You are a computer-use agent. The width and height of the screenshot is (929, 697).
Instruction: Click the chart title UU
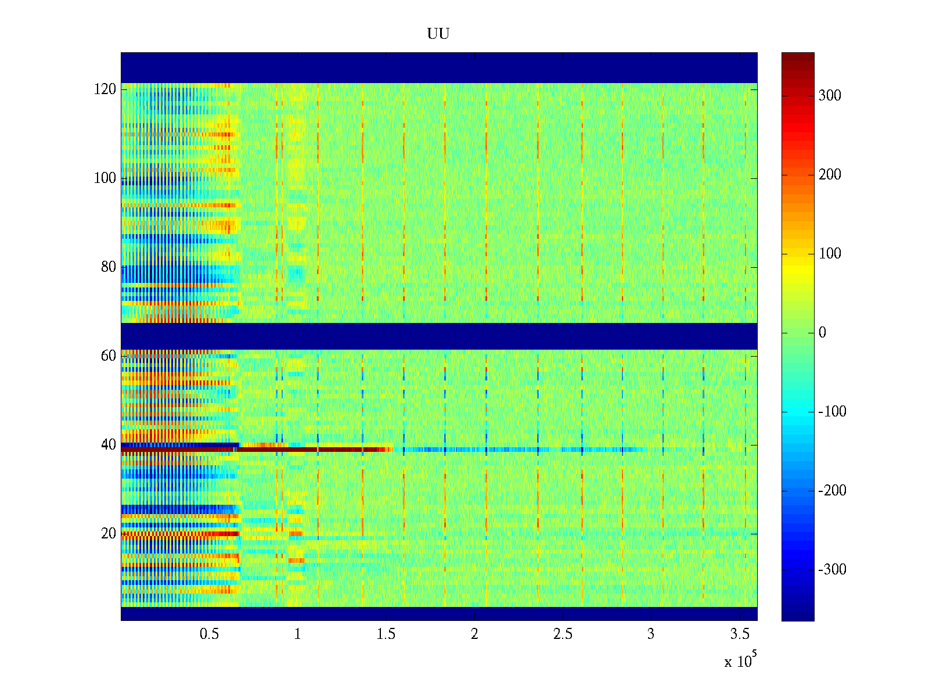coord(438,34)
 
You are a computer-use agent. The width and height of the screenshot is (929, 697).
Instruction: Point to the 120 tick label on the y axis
coord(105,89)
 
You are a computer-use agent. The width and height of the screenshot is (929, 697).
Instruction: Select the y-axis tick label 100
coord(105,178)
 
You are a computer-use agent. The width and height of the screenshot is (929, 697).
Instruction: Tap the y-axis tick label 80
coord(109,267)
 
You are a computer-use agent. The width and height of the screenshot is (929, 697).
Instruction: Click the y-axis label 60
coord(109,356)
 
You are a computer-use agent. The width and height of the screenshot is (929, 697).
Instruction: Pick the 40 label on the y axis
coord(109,445)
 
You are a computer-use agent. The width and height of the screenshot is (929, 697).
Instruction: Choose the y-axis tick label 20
coord(109,534)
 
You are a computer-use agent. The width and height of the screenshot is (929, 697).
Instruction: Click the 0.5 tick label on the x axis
coord(209,634)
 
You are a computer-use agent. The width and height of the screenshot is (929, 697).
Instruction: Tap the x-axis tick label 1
coord(297,634)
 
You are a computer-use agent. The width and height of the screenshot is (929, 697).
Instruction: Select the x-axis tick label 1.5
coord(386,634)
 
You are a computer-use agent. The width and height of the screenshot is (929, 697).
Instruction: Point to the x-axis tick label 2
coord(474,634)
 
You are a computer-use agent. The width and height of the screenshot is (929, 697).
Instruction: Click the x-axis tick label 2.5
coord(563,634)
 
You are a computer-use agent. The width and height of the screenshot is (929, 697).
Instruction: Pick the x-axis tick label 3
coord(651,634)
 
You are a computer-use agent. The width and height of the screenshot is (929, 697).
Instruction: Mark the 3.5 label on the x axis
coord(739,634)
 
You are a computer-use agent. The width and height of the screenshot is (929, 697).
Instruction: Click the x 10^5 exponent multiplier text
coord(740,660)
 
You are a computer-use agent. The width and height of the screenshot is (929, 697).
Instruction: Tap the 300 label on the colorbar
coord(830,96)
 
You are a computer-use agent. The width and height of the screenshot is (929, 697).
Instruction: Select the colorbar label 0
coord(822,333)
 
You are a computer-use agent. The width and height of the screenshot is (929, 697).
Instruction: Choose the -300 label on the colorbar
coord(833,570)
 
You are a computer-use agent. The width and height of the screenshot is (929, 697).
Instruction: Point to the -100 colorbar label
coord(833,412)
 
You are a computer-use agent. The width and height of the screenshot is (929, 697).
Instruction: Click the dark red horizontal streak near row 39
coord(261,450)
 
